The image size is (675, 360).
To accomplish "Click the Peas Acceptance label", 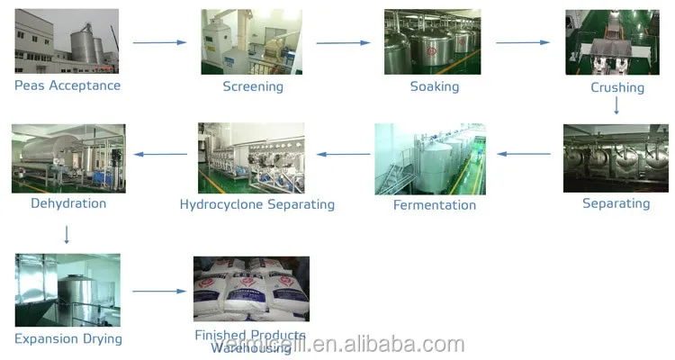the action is [67, 85].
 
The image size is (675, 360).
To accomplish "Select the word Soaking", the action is [435, 86].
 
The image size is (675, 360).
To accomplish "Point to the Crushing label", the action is [617, 87].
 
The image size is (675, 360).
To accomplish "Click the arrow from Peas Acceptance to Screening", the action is [159, 42].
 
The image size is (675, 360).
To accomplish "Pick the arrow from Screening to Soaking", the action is [344, 42].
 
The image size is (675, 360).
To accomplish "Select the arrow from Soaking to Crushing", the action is [523, 42].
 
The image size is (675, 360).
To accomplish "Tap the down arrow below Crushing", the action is [616, 105].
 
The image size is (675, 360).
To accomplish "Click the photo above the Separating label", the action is [616, 157].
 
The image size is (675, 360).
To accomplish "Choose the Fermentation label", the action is [435, 205].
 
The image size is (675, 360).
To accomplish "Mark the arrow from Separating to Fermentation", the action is [525, 154].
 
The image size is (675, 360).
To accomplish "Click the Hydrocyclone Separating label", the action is [257, 204].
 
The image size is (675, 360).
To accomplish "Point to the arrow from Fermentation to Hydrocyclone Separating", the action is [342, 154].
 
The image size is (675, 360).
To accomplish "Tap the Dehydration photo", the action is [68, 157].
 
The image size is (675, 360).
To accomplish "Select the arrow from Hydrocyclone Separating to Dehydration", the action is [161, 154].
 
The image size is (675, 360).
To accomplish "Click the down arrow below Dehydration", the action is [67, 234].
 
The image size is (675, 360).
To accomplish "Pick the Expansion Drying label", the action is [68, 339].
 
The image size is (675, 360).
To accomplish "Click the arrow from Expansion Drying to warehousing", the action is [159, 291].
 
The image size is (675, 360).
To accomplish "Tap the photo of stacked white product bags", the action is [251, 289].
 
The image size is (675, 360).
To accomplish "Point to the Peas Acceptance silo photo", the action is [67, 41].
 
